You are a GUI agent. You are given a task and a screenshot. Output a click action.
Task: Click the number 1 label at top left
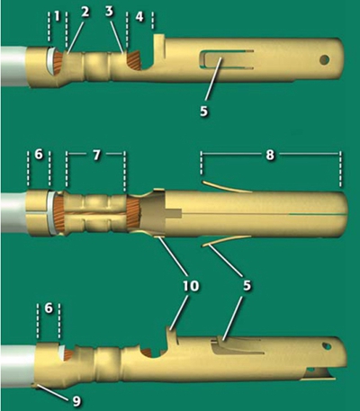pos(57,17)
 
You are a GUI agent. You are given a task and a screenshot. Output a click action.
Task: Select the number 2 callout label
pos(85,12)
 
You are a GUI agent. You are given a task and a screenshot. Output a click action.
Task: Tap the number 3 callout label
pos(109,12)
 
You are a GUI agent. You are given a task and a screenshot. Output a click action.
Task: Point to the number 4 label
pos(139,17)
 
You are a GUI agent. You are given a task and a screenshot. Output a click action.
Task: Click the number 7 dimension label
pos(96,156)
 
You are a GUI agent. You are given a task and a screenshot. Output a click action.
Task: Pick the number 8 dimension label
pos(270,156)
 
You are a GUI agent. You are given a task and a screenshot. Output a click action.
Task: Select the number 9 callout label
pos(76,401)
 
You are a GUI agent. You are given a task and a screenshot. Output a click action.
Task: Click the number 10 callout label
pos(191,285)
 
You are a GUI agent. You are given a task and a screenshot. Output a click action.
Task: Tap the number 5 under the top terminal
pos(203,112)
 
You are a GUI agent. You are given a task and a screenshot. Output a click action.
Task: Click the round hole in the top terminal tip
pos(324,59)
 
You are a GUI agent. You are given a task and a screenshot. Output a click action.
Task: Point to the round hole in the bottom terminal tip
pos(327,346)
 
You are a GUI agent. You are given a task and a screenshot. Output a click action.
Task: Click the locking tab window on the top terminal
pos(227,59)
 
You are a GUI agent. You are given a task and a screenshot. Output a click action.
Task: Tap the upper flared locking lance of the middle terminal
pos(227,186)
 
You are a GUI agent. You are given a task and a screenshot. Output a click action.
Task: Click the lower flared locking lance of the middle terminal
pos(226,241)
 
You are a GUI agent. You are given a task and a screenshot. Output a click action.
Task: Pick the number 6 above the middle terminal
pos(39,156)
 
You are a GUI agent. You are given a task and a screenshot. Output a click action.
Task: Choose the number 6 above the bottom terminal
pos(49,308)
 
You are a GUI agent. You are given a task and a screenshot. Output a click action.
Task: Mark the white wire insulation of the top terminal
pos(13,66)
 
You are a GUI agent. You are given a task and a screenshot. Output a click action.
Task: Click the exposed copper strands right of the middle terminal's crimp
pos(131,212)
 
